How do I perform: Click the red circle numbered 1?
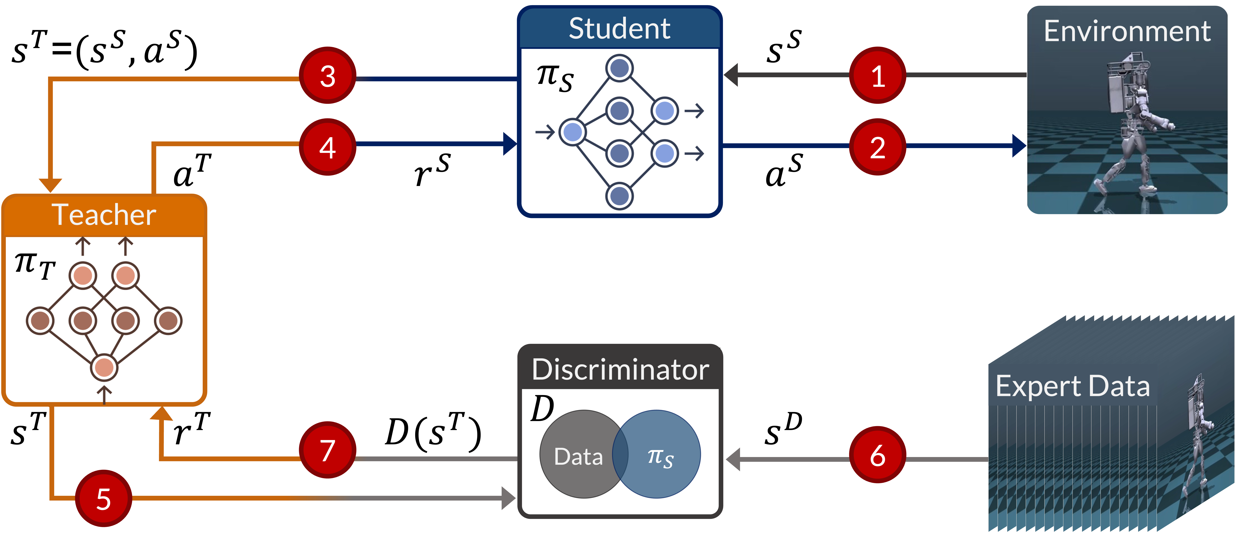click(x=877, y=75)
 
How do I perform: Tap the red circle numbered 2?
click(x=877, y=147)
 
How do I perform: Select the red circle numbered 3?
click(x=327, y=75)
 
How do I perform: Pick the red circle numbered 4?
click(x=327, y=147)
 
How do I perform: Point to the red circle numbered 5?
click(x=104, y=498)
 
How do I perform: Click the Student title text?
click(x=619, y=29)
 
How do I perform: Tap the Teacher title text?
click(x=104, y=215)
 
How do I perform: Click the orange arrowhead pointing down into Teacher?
click(x=50, y=185)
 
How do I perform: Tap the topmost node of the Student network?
click(x=619, y=68)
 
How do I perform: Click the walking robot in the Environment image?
click(x=1131, y=129)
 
